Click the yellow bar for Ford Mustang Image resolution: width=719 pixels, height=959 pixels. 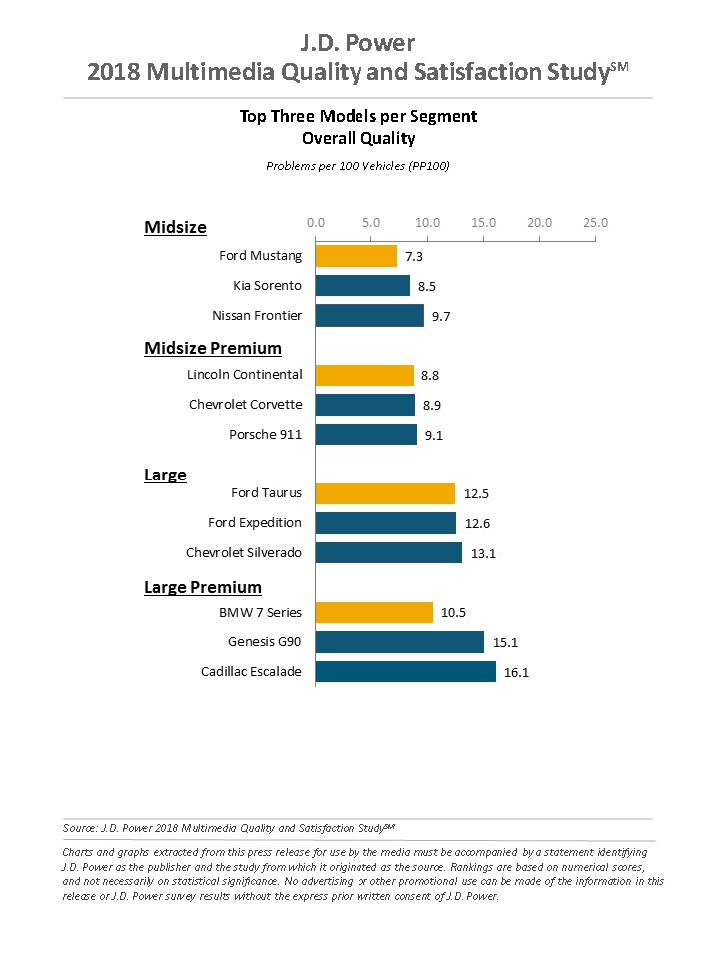pyautogui.click(x=356, y=256)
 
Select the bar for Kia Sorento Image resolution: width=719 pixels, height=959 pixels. pyautogui.click(x=362, y=286)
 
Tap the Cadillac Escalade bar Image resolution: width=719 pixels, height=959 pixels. pyautogui.click(x=405, y=671)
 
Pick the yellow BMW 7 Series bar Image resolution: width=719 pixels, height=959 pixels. pyautogui.click(x=373, y=612)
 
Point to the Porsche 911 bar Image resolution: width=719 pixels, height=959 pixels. pyautogui.click(x=365, y=434)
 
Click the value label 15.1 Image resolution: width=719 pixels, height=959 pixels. pyautogui.click(x=505, y=642)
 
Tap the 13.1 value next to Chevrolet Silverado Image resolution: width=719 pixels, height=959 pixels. pyautogui.click(x=483, y=553)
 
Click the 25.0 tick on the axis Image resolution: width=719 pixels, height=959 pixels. pyautogui.click(x=596, y=222)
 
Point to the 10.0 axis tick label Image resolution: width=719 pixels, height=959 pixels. pyautogui.click(x=427, y=222)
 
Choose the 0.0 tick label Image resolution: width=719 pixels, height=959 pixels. pyautogui.click(x=316, y=222)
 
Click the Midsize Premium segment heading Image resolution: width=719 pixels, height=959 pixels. pyautogui.click(x=213, y=348)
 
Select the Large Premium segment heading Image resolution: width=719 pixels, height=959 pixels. pyautogui.click(x=203, y=587)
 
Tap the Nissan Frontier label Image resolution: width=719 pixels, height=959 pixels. pyautogui.click(x=257, y=315)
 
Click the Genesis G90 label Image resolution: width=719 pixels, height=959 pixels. pyautogui.click(x=265, y=642)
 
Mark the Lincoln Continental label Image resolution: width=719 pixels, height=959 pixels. pyautogui.click(x=244, y=375)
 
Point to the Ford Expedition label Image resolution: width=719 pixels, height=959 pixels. pyautogui.click(x=255, y=522)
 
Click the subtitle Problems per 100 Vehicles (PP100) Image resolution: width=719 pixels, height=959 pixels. pyautogui.click(x=358, y=165)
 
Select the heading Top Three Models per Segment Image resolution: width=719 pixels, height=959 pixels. pyautogui.click(x=359, y=116)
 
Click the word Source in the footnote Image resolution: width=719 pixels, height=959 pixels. pyautogui.click(x=79, y=828)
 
